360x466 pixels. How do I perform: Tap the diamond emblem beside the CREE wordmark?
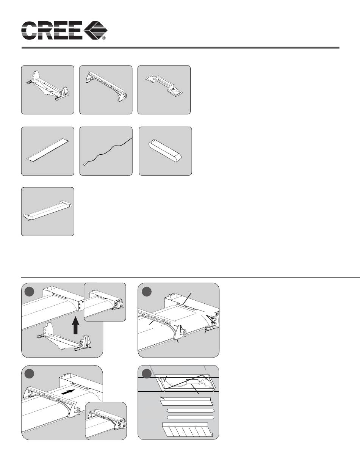click(95, 30)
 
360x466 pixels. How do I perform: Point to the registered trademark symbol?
click(104, 38)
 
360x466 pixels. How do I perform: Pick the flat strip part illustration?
click(47, 151)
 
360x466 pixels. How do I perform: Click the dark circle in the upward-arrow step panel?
click(29, 292)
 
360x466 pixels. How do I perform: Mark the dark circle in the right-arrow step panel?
click(29, 374)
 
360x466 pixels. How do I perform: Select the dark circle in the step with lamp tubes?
click(147, 374)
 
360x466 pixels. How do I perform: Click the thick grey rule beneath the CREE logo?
click(180, 48)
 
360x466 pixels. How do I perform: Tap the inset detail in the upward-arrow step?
click(105, 302)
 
